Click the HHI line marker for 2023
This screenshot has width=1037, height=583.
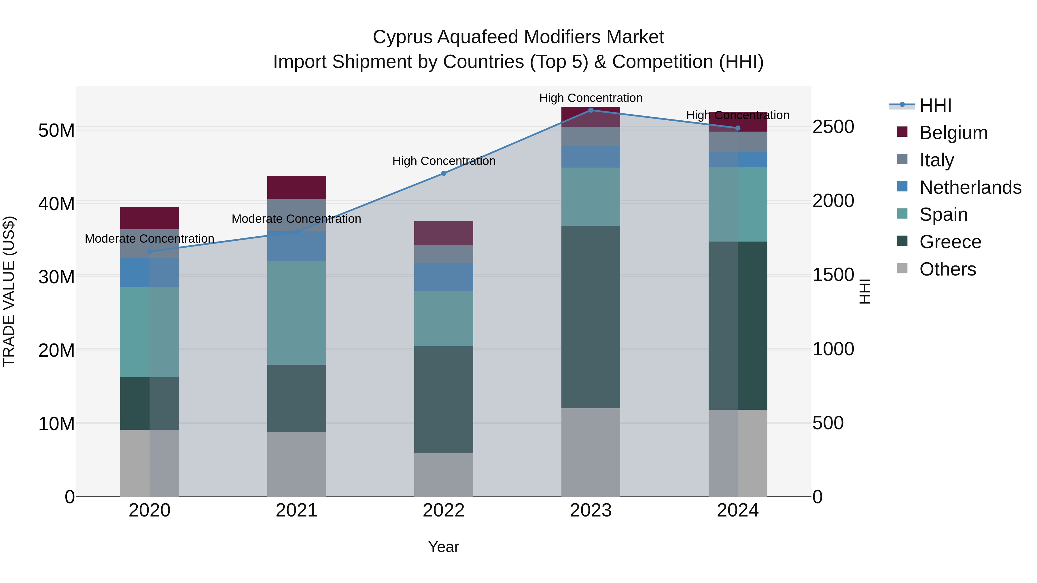pyautogui.click(x=591, y=110)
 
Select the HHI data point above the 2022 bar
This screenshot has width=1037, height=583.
pyautogui.click(x=444, y=173)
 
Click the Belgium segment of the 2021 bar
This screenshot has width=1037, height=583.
pyautogui.click(x=297, y=187)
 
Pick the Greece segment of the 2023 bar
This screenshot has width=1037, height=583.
pyautogui.click(x=591, y=317)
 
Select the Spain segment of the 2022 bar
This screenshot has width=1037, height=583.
pyautogui.click(x=444, y=319)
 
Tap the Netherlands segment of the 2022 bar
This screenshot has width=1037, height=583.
pyautogui.click(x=444, y=277)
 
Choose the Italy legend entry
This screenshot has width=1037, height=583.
pyautogui.click(x=936, y=160)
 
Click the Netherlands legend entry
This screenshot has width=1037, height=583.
pyautogui.click(x=970, y=187)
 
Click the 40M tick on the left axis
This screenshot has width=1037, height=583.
pyautogui.click(x=56, y=204)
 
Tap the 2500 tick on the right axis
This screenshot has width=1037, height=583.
pyautogui.click(x=833, y=127)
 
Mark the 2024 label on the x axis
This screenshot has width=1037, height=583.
pyautogui.click(x=737, y=510)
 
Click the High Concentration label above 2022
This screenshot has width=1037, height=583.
pyautogui.click(x=444, y=161)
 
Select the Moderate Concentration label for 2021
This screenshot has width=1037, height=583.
pyautogui.click(x=296, y=219)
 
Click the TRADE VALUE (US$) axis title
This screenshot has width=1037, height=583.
pyautogui.click(x=9, y=291)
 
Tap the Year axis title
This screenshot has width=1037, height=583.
pyautogui.click(x=444, y=547)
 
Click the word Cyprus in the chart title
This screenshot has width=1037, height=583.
pyautogui.click(x=403, y=37)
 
